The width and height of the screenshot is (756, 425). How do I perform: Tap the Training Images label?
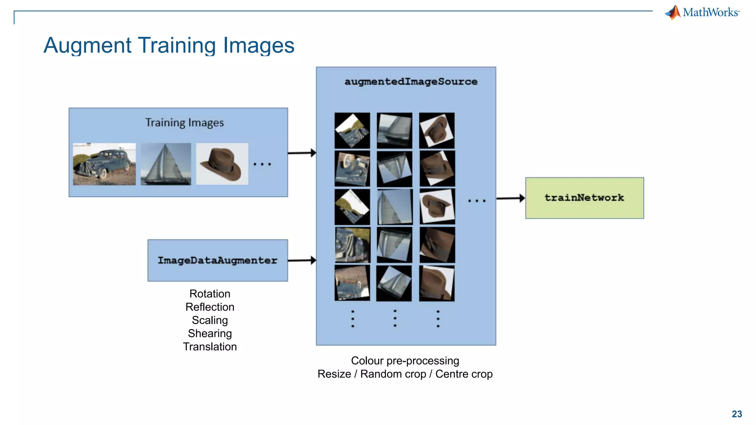184,122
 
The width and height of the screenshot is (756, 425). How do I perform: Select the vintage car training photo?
104,164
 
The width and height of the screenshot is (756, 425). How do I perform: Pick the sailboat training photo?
166,164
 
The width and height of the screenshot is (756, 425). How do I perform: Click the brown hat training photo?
222,164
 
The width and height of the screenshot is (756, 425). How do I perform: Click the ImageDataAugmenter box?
217,260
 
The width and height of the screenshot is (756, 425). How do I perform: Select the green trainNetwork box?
584,198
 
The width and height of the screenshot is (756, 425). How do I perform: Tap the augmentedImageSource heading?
410,82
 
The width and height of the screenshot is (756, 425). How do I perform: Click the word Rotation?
210,294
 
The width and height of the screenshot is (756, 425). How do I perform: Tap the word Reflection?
210,307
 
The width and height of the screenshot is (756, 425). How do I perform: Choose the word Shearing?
210,334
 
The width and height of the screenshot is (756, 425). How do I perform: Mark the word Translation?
210,347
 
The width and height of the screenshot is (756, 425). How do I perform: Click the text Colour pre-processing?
405,361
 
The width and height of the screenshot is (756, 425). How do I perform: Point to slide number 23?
736,414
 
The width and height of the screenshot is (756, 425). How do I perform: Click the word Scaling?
210,320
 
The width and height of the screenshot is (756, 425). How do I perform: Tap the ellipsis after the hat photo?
262,164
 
